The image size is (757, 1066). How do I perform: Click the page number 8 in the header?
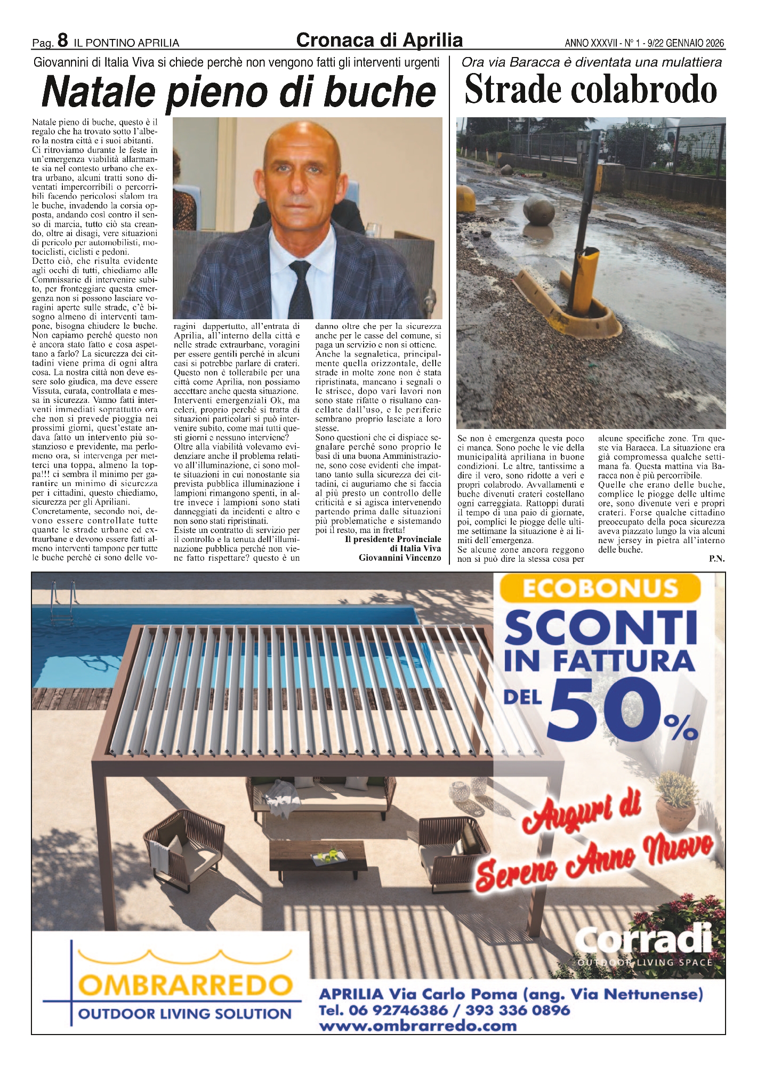coord(63,41)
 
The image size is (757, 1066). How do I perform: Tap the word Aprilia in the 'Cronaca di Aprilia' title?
coord(432,41)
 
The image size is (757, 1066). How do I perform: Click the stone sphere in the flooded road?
coord(538,211)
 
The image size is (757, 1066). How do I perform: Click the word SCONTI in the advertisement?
coord(600,628)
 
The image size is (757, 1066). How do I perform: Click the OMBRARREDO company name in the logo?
coord(186,985)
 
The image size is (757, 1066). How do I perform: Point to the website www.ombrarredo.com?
coord(417,1026)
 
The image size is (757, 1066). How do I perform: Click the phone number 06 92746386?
coord(398,1010)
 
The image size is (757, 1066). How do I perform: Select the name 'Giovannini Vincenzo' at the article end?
coord(400,558)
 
